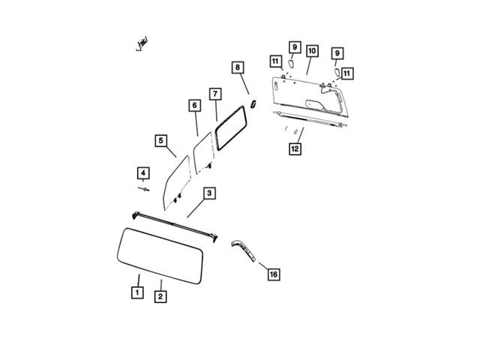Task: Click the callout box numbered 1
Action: tap(137, 292)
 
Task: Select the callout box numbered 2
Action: tap(160, 296)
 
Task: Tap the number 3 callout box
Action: tap(209, 193)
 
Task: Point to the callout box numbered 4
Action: tap(143, 174)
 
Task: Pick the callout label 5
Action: tap(161, 140)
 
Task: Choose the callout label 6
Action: tap(194, 106)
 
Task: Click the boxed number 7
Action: tap(215, 94)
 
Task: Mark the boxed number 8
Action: tap(238, 67)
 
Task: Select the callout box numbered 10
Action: tap(312, 51)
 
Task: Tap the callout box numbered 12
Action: tap(295, 148)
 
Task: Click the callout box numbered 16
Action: tap(273, 274)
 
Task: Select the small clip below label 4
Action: tap(143, 190)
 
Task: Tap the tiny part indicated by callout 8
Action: tap(253, 102)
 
